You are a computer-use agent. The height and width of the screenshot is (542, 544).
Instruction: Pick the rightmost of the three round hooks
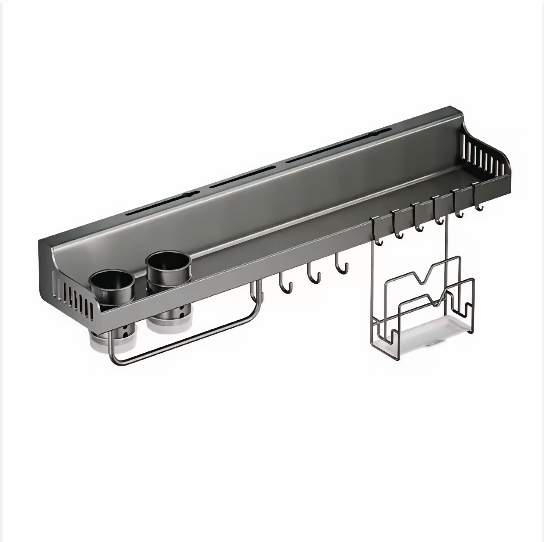[342, 265]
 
